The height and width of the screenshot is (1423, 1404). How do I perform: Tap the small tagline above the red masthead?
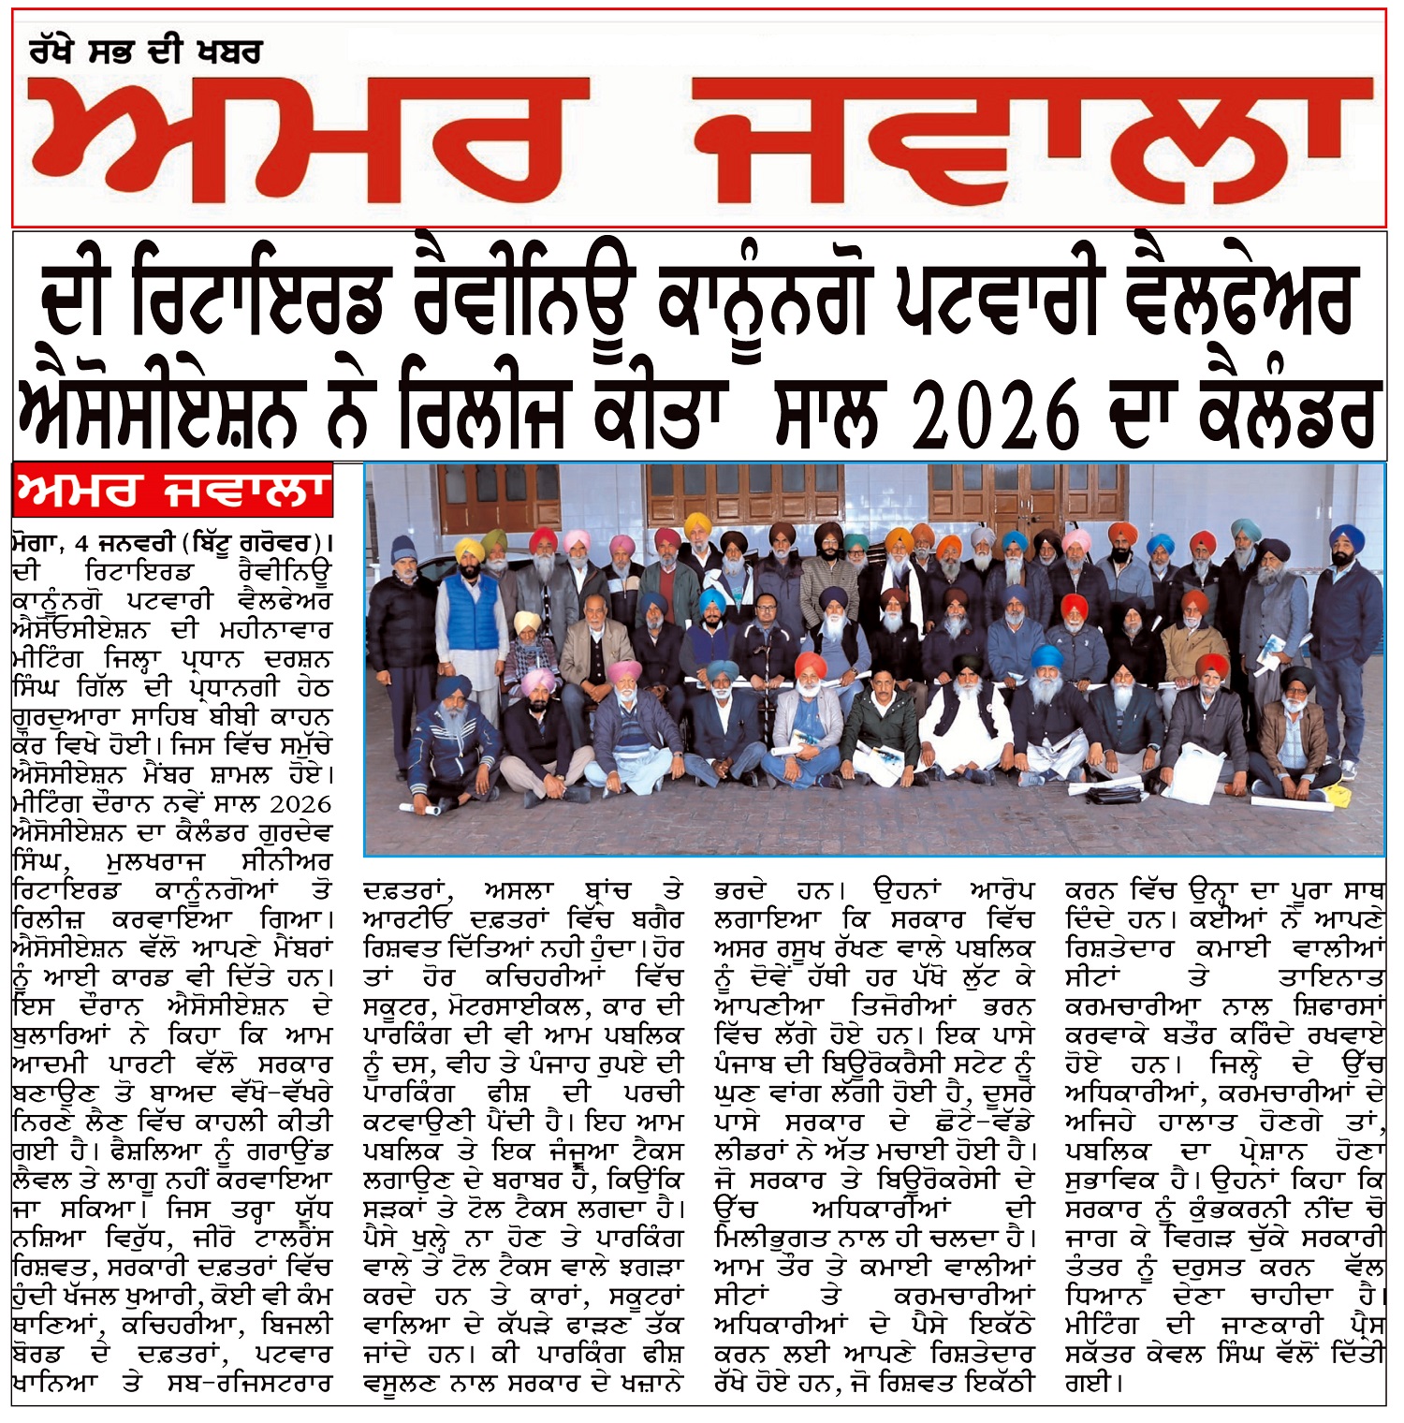pos(144,51)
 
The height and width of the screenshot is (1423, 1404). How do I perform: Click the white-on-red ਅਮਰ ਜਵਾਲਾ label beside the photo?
pos(174,490)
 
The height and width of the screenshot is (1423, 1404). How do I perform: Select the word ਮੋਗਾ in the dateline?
pos(37,544)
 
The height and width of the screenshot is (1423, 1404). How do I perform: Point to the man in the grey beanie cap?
pos(402,599)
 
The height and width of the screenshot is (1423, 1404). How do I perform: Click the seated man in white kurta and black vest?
pos(970,721)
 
